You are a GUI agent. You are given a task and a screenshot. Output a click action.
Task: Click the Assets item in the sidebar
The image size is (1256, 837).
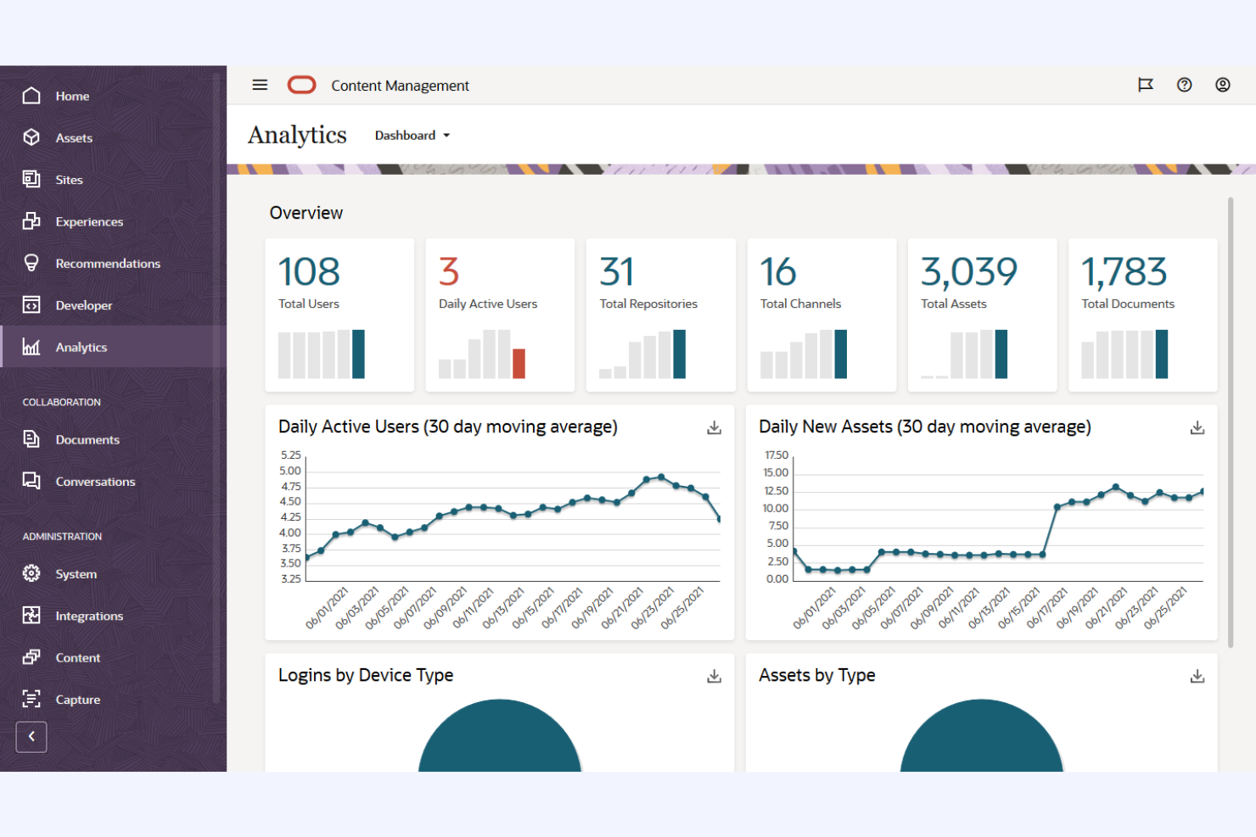pos(73,137)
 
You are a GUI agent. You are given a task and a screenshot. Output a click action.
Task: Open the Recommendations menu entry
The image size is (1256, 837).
pos(107,264)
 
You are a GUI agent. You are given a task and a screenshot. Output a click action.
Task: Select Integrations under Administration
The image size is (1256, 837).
pos(88,616)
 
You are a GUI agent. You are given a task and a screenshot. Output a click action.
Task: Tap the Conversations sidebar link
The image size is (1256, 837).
pos(95,482)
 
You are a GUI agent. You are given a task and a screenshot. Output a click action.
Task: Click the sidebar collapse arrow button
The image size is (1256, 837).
pos(31,736)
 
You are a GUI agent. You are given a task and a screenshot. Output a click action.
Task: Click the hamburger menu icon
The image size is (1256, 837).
pos(260,85)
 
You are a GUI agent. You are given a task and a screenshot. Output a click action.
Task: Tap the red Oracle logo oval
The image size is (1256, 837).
pos(301,85)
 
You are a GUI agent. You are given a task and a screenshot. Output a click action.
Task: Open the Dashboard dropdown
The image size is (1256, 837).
pos(412,136)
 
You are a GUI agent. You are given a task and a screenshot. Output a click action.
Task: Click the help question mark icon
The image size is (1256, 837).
pos(1184,85)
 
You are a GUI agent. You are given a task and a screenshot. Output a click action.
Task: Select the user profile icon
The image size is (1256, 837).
pos(1222,85)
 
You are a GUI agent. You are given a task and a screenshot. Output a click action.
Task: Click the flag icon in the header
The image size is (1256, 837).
pos(1145,85)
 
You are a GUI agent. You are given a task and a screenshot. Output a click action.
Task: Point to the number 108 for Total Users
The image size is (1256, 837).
pos(309,272)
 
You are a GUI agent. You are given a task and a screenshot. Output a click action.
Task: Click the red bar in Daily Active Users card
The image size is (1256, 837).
pos(519,363)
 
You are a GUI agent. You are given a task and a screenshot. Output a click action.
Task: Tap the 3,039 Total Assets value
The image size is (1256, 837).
pos(968,272)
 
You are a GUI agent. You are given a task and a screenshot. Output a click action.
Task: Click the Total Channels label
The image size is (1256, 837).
pos(800,304)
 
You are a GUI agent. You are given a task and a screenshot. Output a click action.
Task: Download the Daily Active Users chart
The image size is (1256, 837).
pos(714,428)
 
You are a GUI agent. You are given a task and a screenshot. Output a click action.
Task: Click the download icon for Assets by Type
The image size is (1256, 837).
pos(1197,676)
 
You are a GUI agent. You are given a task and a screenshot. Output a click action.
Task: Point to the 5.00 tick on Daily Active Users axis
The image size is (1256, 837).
pos(290,471)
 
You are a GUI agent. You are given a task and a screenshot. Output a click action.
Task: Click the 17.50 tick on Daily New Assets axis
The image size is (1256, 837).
pos(776,455)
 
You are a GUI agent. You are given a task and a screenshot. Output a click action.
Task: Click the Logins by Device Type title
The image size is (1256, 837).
pos(366,675)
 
